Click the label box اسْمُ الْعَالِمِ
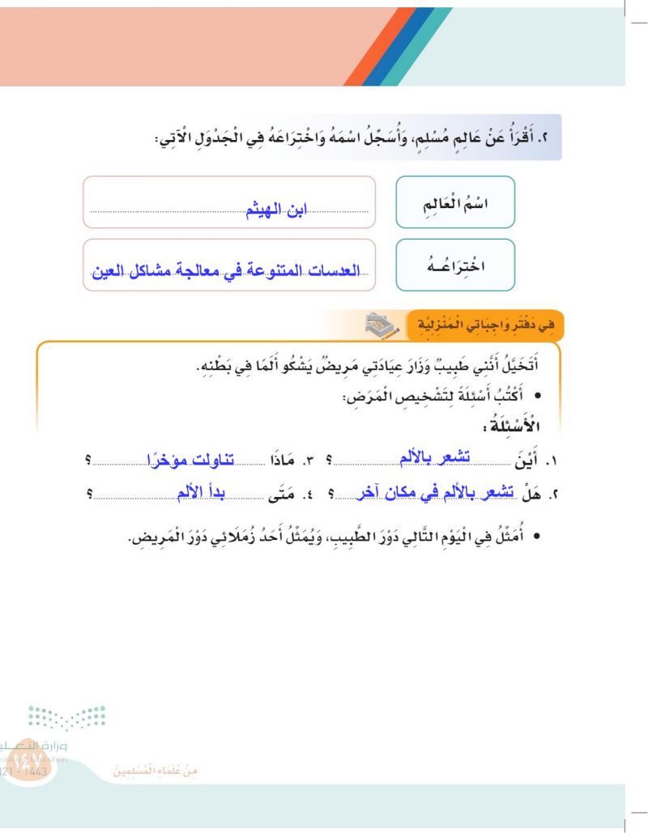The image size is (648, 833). point(455,202)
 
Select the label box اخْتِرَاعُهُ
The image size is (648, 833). point(455,265)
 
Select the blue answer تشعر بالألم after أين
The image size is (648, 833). point(431,459)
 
